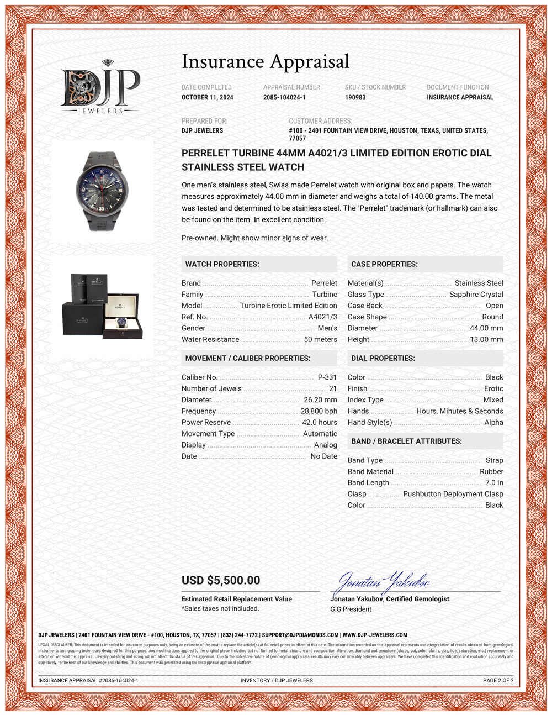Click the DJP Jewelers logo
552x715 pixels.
100,87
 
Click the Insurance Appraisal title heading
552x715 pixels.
266,61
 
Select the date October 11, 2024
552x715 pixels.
208,97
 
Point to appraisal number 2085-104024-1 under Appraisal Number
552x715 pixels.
284,97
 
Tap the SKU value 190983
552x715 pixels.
355,97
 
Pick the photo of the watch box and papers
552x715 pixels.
102,306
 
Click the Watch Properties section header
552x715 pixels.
222,264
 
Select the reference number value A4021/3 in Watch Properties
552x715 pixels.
322,317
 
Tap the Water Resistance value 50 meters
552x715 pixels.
320,339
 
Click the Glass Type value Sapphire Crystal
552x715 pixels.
476,295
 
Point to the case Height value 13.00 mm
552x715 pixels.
486,339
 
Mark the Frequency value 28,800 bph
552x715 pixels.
319,411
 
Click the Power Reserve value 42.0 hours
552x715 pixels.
319,422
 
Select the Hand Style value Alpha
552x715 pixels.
493,422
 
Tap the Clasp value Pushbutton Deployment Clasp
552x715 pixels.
453,494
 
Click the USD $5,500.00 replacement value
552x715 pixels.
221,580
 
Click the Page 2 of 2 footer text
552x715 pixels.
498,680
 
